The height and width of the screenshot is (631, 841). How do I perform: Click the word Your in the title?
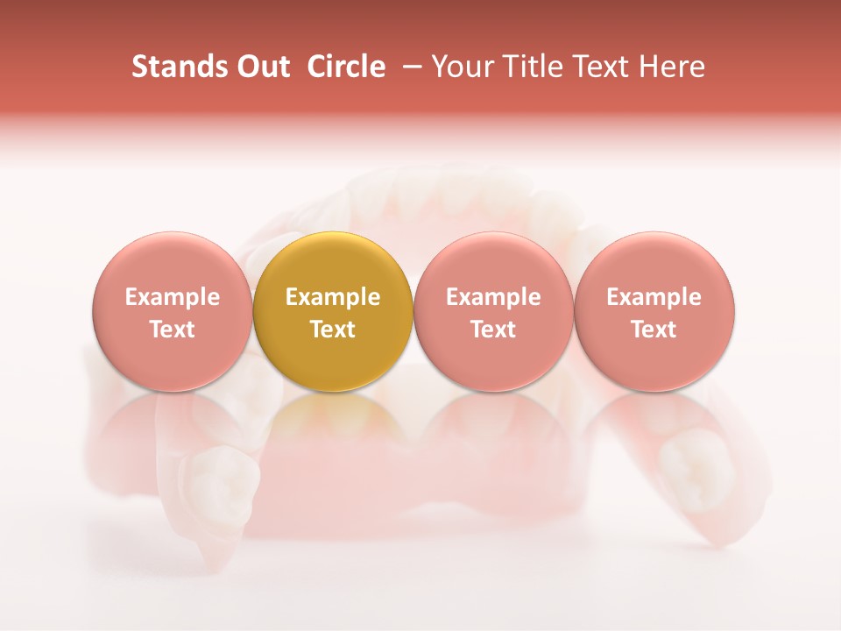[x=461, y=67]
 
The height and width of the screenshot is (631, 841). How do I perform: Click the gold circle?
[x=333, y=311]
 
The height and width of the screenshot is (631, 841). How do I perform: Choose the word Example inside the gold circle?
[x=333, y=297]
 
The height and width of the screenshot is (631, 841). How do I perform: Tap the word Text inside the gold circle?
[x=333, y=330]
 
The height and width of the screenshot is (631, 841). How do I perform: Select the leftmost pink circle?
[x=173, y=311]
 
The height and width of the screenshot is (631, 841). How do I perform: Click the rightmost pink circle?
[x=654, y=311]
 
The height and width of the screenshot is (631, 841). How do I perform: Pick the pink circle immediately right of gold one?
[x=493, y=311]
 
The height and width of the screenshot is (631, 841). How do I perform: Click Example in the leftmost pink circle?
[x=173, y=297]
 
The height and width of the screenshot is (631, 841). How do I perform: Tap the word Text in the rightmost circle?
[x=654, y=330]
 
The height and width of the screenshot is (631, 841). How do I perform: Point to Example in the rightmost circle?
[x=654, y=297]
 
